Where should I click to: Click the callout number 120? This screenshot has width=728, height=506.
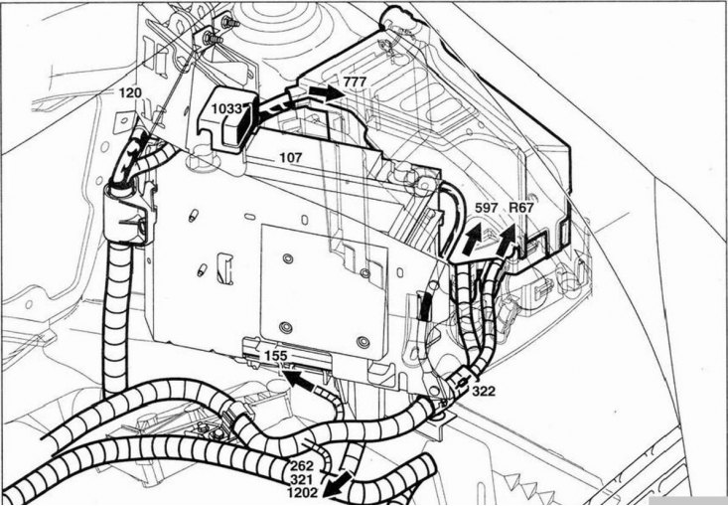[130, 92]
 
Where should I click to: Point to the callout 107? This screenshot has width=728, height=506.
[290, 156]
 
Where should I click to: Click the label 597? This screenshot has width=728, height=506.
[486, 208]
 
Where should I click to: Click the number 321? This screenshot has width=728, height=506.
[302, 478]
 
